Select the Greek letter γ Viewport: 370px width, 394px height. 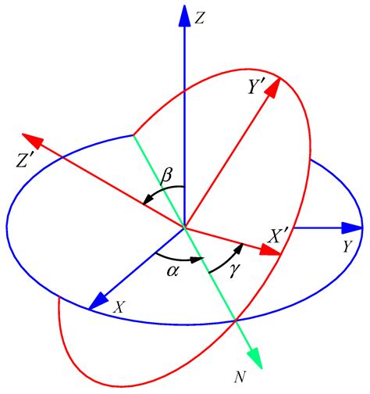click(234, 269)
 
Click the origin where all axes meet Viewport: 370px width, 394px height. click(183, 227)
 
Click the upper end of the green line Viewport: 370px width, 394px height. click(133, 136)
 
